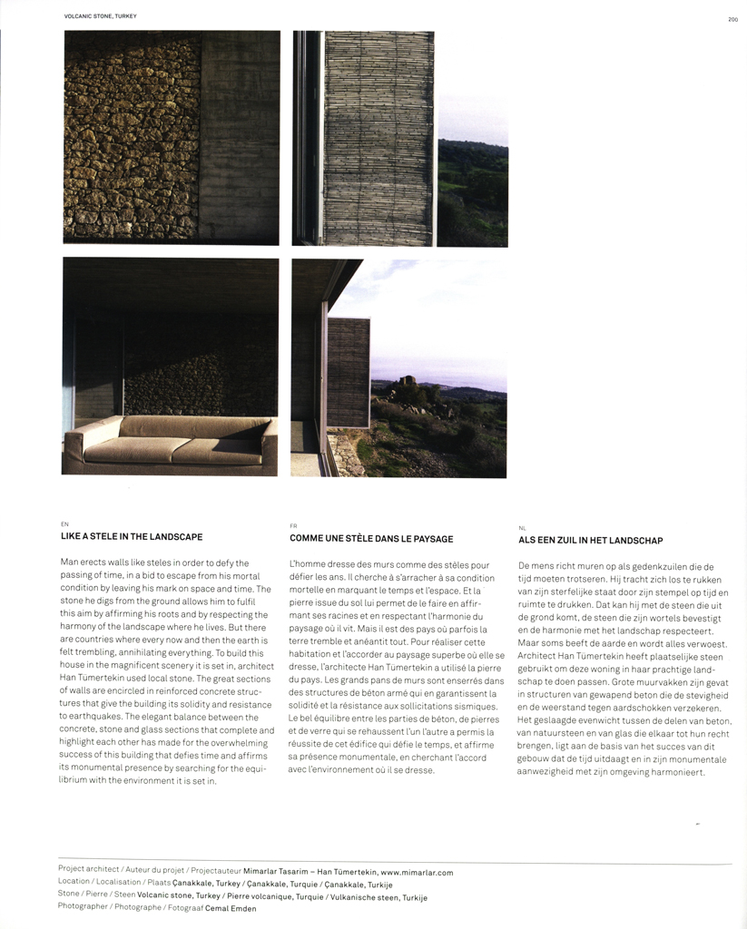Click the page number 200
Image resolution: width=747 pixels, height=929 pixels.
click(732, 18)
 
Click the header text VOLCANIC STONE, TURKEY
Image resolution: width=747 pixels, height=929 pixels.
click(99, 16)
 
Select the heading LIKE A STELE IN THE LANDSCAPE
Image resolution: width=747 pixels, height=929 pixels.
click(131, 537)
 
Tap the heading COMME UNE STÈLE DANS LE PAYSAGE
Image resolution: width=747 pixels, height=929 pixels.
click(371, 538)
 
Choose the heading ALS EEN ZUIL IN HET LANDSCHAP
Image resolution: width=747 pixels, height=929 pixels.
click(590, 540)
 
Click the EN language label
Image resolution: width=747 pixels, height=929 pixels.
click(64, 524)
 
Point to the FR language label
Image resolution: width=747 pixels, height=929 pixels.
click(293, 525)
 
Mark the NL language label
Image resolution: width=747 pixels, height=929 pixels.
click(522, 527)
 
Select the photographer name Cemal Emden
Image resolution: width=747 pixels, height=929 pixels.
click(232, 907)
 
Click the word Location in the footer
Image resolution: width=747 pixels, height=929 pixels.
click(74, 882)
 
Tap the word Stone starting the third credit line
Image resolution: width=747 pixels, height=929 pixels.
click(68, 895)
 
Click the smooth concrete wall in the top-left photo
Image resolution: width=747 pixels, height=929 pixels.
click(240, 136)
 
